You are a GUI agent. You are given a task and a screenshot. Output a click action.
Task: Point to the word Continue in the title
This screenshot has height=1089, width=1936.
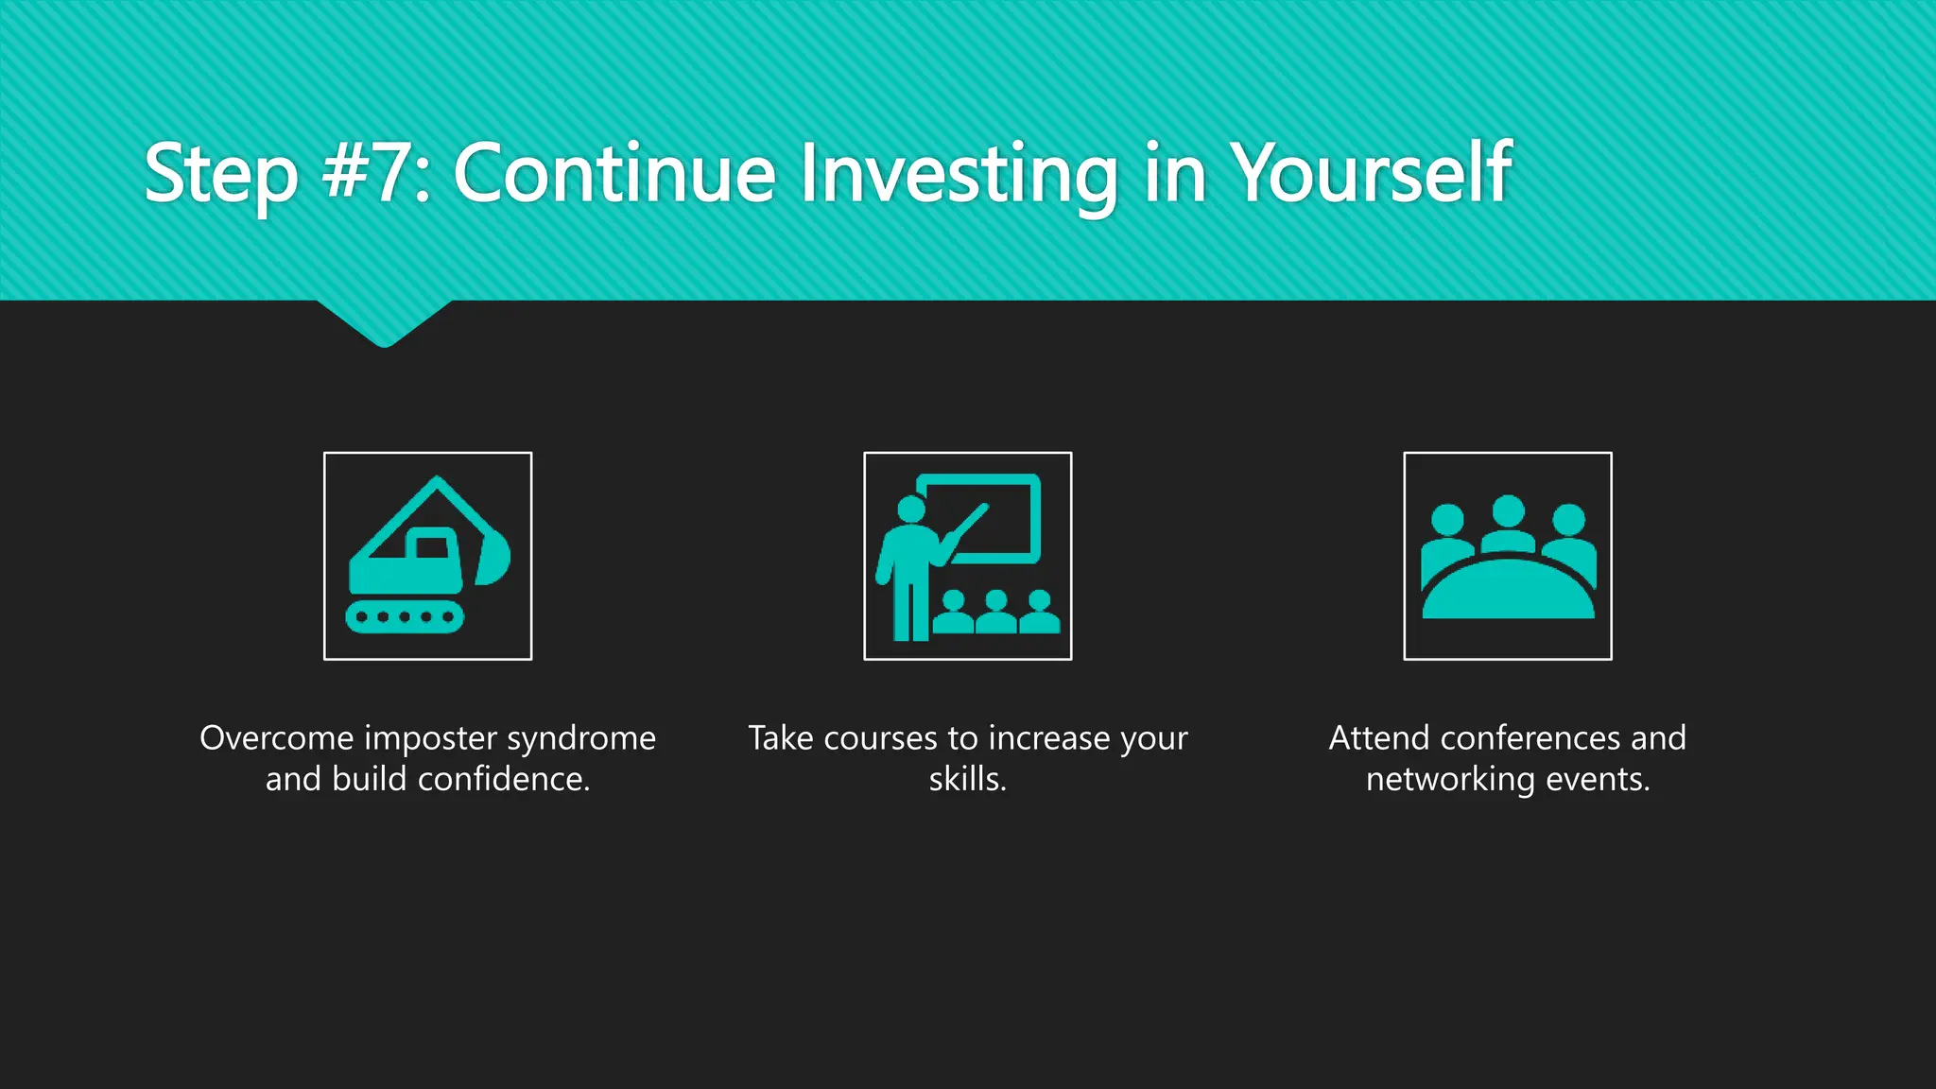tap(614, 173)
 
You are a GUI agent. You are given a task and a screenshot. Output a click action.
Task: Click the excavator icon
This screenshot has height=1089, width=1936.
tap(427, 556)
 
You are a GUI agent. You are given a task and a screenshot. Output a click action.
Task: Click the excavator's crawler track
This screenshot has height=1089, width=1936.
tap(405, 617)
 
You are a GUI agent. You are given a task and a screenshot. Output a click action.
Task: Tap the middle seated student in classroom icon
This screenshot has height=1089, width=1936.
tap(995, 613)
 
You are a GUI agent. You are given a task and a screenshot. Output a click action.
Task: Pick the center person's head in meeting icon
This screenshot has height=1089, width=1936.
tap(1508, 511)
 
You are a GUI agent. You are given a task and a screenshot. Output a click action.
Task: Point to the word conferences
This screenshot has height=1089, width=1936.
tap(1529, 738)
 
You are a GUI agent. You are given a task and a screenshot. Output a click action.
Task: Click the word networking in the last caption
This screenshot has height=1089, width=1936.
tap(1450, 781)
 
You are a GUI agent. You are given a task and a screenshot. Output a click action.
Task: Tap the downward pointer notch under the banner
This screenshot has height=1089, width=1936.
tap(384, 326)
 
